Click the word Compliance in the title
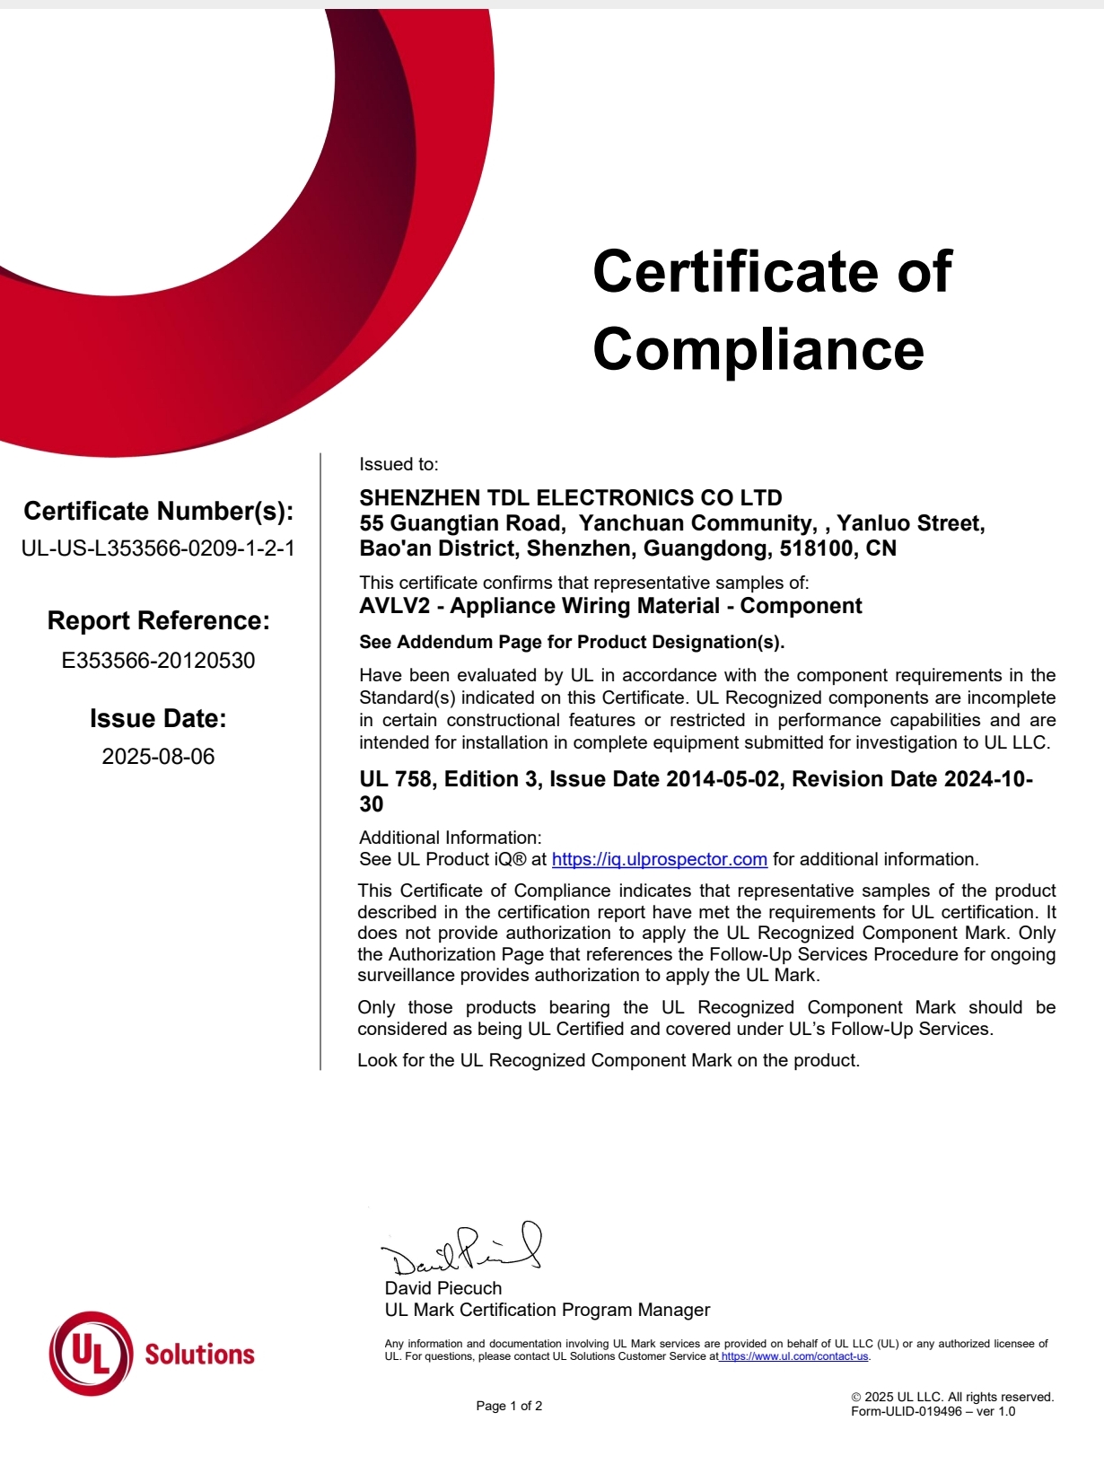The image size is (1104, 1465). (758, 349)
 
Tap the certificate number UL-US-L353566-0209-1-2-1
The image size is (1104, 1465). (158, 548)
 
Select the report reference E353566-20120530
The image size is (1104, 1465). (158, 661)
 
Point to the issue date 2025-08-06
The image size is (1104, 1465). (158, 757)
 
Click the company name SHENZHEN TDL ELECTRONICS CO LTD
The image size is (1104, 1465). (571, 498)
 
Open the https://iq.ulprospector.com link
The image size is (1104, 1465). (659, 859)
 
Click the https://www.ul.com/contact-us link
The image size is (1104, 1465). (794, 1356)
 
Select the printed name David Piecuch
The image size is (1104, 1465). (443, 1288)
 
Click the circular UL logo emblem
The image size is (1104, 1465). (91, 1353)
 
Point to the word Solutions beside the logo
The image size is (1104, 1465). (199, 1355)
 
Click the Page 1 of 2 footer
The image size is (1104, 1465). (509, 1406)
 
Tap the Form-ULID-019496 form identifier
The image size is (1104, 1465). (907, 1411)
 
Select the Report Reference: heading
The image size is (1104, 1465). (158, 620)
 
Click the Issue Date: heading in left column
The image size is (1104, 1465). (158, 718)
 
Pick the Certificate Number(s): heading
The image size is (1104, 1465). (158, 511)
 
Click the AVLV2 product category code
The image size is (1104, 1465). (394, 606)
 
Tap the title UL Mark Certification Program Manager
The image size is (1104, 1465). (548, 1310)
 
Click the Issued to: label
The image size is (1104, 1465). (399, 464)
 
